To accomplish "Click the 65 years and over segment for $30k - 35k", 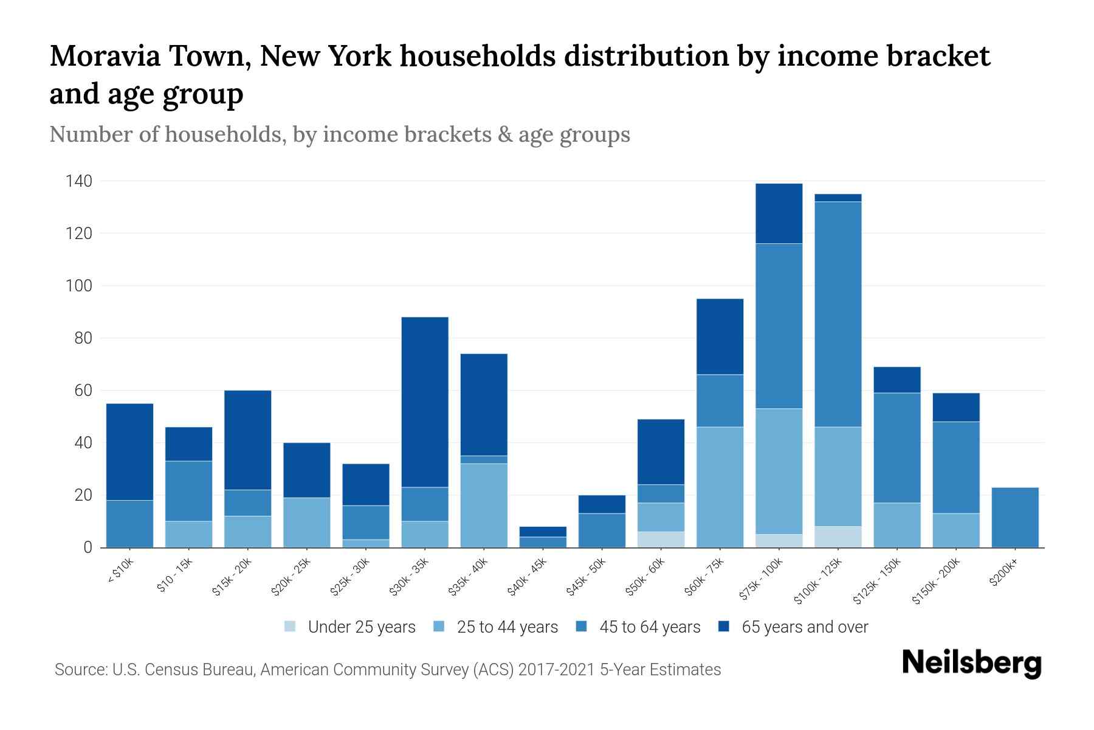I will tap(425, 402).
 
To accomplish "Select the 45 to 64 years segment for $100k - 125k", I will tap(838, 314).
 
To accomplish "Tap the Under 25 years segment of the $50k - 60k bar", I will tap(661, 540).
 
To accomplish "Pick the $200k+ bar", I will tap(1014, 517).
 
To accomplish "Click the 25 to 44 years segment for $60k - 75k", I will tap(720, 487).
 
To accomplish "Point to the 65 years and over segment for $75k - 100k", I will tap(779, 214).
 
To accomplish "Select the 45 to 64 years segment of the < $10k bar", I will tap(129, 523).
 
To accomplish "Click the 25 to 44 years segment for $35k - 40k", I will tap(484, 505).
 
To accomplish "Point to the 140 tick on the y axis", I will tap(80, 181).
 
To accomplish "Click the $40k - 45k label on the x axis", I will tap(528, 577).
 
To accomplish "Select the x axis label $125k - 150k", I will tap(877, 582).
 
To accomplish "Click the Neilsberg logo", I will tap(971, 663).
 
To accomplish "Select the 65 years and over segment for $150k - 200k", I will tap(955, 407).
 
